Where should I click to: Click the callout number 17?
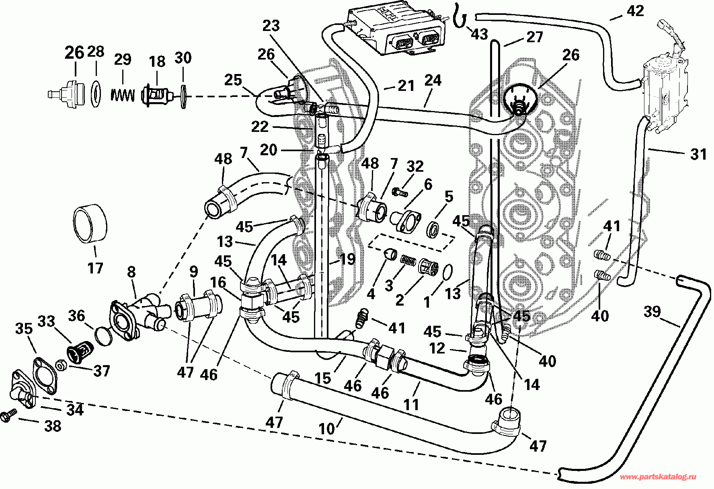click(95, 267)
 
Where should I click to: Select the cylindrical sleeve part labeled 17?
click(91, 224)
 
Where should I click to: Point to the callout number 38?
click(53, 426)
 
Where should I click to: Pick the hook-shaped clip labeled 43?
click(460, 16)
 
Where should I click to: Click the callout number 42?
click(635, 10)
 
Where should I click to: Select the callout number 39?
click(652, 311)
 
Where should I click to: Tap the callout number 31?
click(698, 154)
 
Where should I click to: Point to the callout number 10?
click(326, 429)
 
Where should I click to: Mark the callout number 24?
click(433, 80)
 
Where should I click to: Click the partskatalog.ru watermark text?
click(659, 477)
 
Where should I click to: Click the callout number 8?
click(131, 272)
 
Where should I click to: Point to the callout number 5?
click(449, 197)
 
